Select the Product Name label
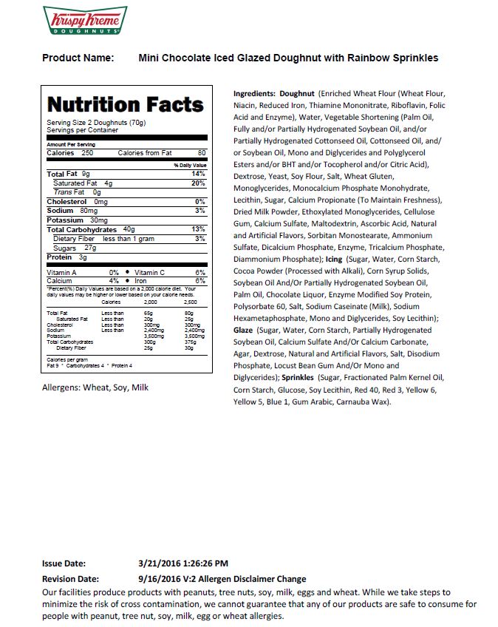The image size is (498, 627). [78, 58]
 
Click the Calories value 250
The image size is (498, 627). [86, 153]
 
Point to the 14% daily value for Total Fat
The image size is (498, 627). [198, 174]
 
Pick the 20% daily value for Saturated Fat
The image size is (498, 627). [198, 183]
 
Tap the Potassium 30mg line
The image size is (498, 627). [77, 220]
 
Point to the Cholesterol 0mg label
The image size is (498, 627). [77, 201]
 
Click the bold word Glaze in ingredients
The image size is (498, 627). [243, 331]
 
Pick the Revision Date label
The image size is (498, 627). [73, 579]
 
